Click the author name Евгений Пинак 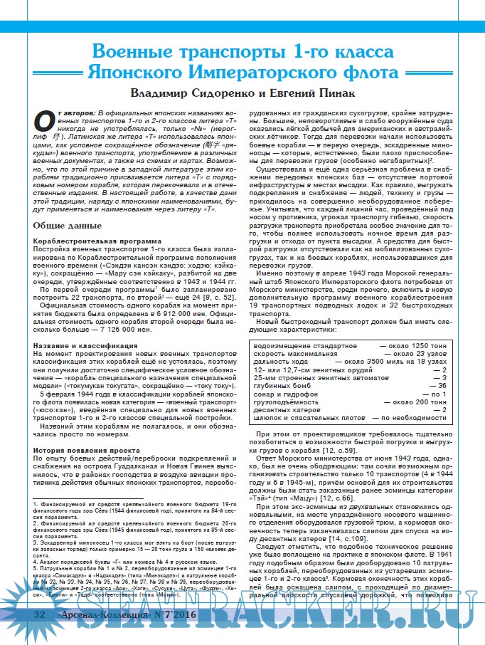[x=311, y=93]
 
